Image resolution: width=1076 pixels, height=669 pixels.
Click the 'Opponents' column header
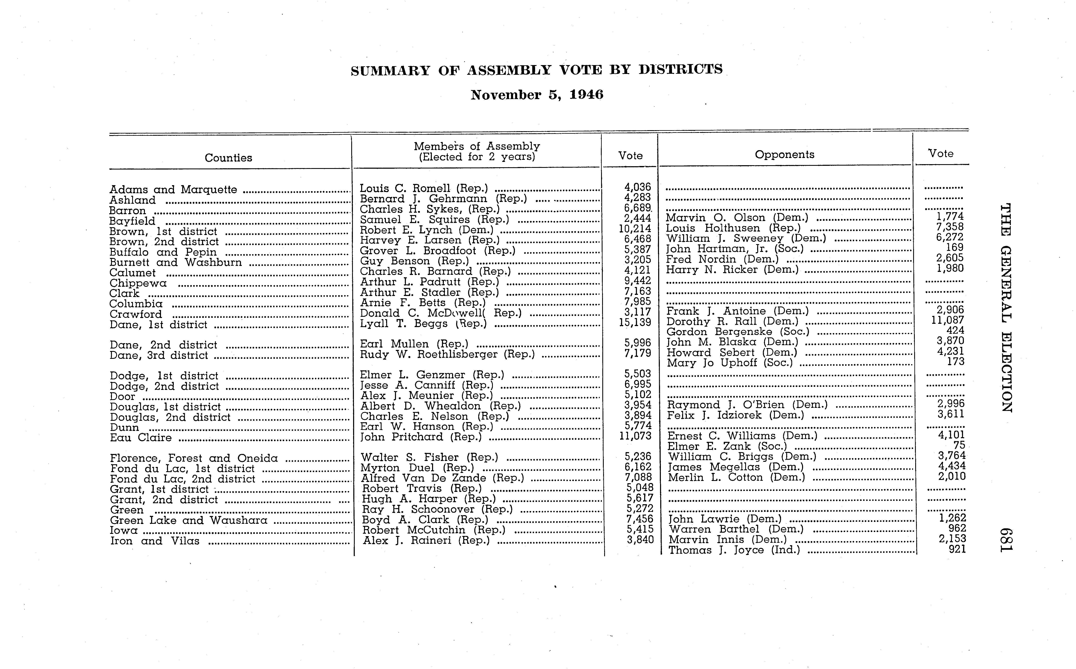coord(784,154)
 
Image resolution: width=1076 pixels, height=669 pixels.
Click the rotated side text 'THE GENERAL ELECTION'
coord(1006,308)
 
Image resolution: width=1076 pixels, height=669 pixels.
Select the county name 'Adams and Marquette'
coord(173,190)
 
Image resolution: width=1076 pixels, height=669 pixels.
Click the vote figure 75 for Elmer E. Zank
coord(959,446)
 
